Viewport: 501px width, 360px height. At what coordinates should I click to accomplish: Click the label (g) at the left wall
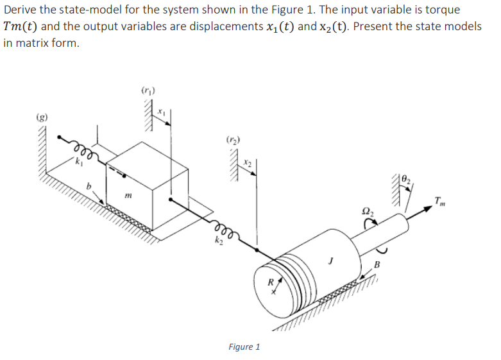tap(41, 118)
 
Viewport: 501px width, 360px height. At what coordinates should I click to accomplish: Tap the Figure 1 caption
tap(244, 347)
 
